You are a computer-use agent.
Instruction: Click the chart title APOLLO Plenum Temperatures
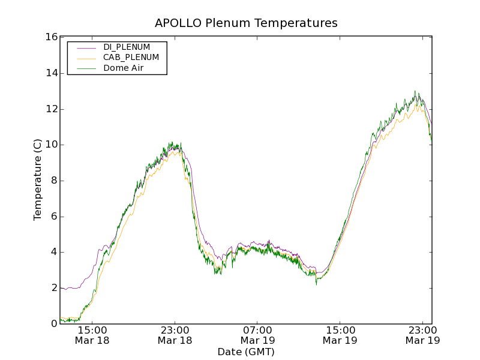tap(246, 23)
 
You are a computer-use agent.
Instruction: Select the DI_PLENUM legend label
tap(127, 47)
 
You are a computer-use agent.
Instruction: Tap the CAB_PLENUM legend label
tap(131, 58)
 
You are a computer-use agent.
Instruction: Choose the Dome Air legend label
tap(124, 68)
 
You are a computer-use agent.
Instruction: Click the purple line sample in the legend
tap(86, 47)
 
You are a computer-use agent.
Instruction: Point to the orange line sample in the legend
tap(86, 58)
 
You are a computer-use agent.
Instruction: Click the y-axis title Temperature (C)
tap(38, 180)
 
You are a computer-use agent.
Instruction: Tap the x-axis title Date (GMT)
tap(246, 352)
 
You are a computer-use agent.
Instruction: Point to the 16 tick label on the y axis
tap(52, 37)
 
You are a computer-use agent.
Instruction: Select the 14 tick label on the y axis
tap(52, 73)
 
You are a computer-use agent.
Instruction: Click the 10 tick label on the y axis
tap(52, 145)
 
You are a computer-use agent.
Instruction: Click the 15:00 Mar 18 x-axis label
tap(92, 335)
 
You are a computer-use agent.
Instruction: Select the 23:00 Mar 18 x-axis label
tap(175, 335)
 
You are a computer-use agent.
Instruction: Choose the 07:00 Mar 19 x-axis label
tap(258, 335)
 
